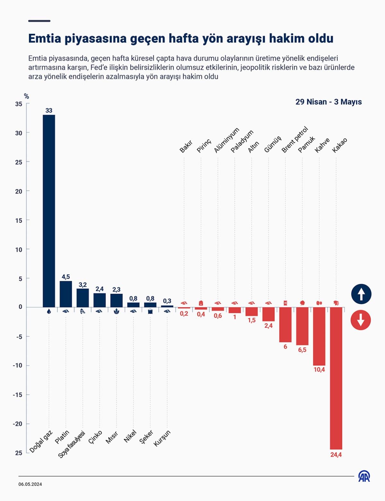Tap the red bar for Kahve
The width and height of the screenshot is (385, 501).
pyautogui.click(x=319, y=336)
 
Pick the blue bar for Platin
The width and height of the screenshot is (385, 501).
pyautogui.click(x=66, y=294)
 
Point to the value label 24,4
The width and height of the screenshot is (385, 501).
pyautogui.click(x=336, y=455)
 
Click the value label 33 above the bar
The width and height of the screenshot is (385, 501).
pyautogui.click(x=49, y=111)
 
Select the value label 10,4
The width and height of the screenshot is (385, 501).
pyautogui.click(x=319, y=370)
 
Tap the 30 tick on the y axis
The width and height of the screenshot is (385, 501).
pyautogui.click(x=19, y=133)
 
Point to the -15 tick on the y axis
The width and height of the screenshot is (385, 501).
pyautogui.click(x=18, y=395)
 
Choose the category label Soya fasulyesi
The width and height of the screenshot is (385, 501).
pyautogui.click(x=72, y=444)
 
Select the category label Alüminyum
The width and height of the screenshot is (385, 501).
pyautogui.click(x=227, y=140)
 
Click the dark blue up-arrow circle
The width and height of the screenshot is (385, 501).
pyautogui.click(x=361, y=294)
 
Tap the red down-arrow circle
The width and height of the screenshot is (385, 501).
pyautogui.click(x=361, y=320)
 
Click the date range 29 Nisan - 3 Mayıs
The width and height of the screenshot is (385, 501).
pyautogui.click(x=329, y=102)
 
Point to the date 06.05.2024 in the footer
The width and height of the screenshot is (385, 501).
pyautogui.click(x=30, y=484)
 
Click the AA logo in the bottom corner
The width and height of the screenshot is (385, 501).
pyautogui.click(x=364, y=476)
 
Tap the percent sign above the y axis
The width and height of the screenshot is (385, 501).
pyautogui.click(x=26, y=96)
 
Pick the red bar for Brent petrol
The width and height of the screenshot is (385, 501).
pyautogui.click(x=285, y=325)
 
